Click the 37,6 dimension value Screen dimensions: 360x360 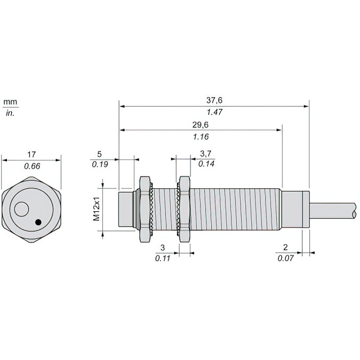click(x=214, y=100)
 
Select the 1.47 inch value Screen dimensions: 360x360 click(x=214, y=113)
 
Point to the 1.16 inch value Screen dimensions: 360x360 click(x=201, y=137)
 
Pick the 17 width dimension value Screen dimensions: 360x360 click(x=32, y=155)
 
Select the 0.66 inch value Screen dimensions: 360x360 click(x=32, y=166)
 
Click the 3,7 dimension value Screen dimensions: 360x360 click(x=206, y=154)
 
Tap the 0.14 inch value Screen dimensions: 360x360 click(x=206, y=164)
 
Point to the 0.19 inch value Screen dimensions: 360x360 click(x=100, y=164)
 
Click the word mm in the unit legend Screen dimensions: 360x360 click(x=10, y=101)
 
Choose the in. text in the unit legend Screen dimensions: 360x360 click(x=10, y=113)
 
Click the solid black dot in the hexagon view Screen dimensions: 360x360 click(x=38, y=221)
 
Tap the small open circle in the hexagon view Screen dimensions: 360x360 click(x=22, y=210)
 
